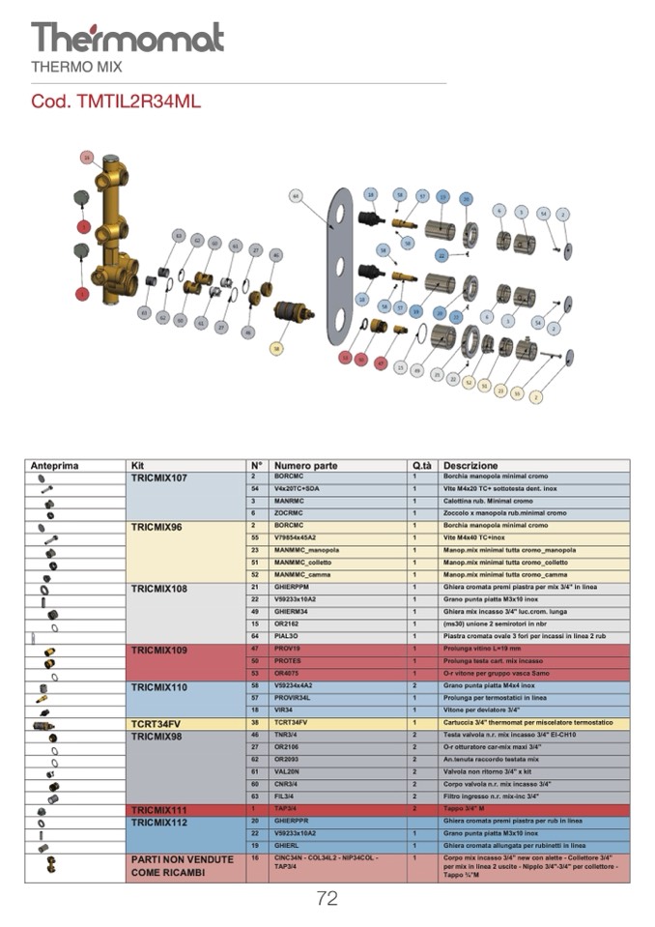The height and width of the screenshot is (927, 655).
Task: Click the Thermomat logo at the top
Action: click(x=127, y=38)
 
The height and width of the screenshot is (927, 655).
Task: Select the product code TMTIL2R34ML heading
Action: click(x=116, y=101)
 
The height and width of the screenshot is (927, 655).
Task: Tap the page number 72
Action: click(x=327, y=899)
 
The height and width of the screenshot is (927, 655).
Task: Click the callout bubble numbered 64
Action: click(x=296, y=195)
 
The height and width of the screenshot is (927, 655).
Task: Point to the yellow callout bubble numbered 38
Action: click(x=277, y=348)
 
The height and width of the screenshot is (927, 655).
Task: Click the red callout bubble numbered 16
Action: click(x=87, y=157)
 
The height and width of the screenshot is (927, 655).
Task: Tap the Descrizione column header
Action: click(x=471, y=465)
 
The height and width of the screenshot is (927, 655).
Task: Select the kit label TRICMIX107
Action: click(x=159, y=478)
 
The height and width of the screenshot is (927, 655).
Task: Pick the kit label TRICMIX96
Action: click(x=157, y=527)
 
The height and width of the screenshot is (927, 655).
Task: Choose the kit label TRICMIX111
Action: click(x=159, y=810)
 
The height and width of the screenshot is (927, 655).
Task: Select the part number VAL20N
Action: click(x=289, y=772)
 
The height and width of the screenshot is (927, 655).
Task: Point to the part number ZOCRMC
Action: click(x=289, y=513)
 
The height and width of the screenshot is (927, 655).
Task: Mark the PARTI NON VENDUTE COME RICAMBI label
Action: click(x=182, y=866)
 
